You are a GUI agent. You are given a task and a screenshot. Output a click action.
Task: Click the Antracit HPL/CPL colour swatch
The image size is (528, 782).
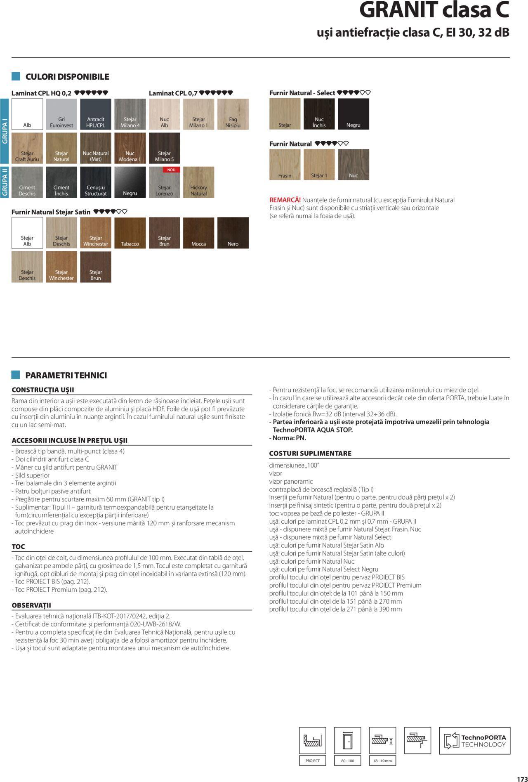click(96, 114)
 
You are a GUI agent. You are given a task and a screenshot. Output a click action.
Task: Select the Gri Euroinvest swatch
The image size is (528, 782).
click(61, 114)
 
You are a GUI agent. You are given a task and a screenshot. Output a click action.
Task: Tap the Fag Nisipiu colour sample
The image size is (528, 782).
click(233, 114)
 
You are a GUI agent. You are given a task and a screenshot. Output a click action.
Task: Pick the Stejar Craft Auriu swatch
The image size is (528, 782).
click(27, 148)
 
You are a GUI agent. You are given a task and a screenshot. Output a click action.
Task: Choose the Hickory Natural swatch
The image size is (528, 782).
click(198, 182)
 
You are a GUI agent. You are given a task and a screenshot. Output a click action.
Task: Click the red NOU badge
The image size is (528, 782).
click(171, 170)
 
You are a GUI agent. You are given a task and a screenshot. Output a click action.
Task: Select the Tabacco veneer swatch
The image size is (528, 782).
click(130, 233)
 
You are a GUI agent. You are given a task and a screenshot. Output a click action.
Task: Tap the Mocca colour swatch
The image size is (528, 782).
click(198, 233)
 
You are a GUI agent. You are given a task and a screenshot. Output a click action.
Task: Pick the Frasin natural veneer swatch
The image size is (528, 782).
click(285, 165)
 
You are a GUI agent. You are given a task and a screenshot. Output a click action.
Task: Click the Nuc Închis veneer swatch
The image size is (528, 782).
click(319, 114)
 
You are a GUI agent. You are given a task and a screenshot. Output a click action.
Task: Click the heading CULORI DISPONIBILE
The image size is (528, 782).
click(67, 77)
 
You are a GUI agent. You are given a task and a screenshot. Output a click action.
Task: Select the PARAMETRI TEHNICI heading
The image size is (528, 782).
click(66, 375)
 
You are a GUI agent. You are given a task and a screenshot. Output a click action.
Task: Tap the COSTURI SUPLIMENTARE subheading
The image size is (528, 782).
click(310, 453)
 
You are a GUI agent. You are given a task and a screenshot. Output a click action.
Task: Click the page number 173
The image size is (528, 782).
click(522, 779)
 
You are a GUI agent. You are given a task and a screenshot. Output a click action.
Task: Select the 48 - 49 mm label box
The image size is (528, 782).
click(382, 761)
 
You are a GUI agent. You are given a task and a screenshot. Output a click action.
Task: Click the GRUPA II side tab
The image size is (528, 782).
click(5, 182)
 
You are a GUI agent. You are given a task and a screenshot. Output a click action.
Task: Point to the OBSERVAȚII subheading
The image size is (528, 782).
click(31, 605)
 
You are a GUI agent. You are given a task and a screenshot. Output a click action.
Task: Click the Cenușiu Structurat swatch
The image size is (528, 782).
click(96, 182)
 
